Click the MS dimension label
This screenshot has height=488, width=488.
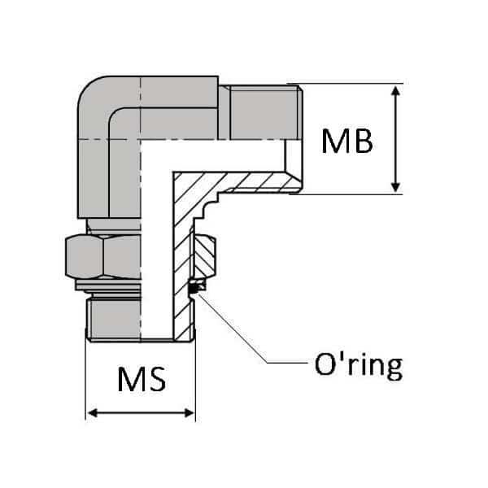click(x=141, y=381)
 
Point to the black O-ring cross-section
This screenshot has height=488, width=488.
click(x=194, y=286)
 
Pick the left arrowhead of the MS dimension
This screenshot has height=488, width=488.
click(x=92, y=414)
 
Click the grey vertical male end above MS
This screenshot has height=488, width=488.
click(x=114, y=317)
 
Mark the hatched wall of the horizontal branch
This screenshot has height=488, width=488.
click(x=244, y=184)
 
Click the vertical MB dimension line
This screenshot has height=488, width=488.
click(x=396, y=138)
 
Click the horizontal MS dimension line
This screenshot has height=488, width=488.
click(x=140, y=414)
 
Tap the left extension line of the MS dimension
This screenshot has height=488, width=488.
click(x=85, y=382)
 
